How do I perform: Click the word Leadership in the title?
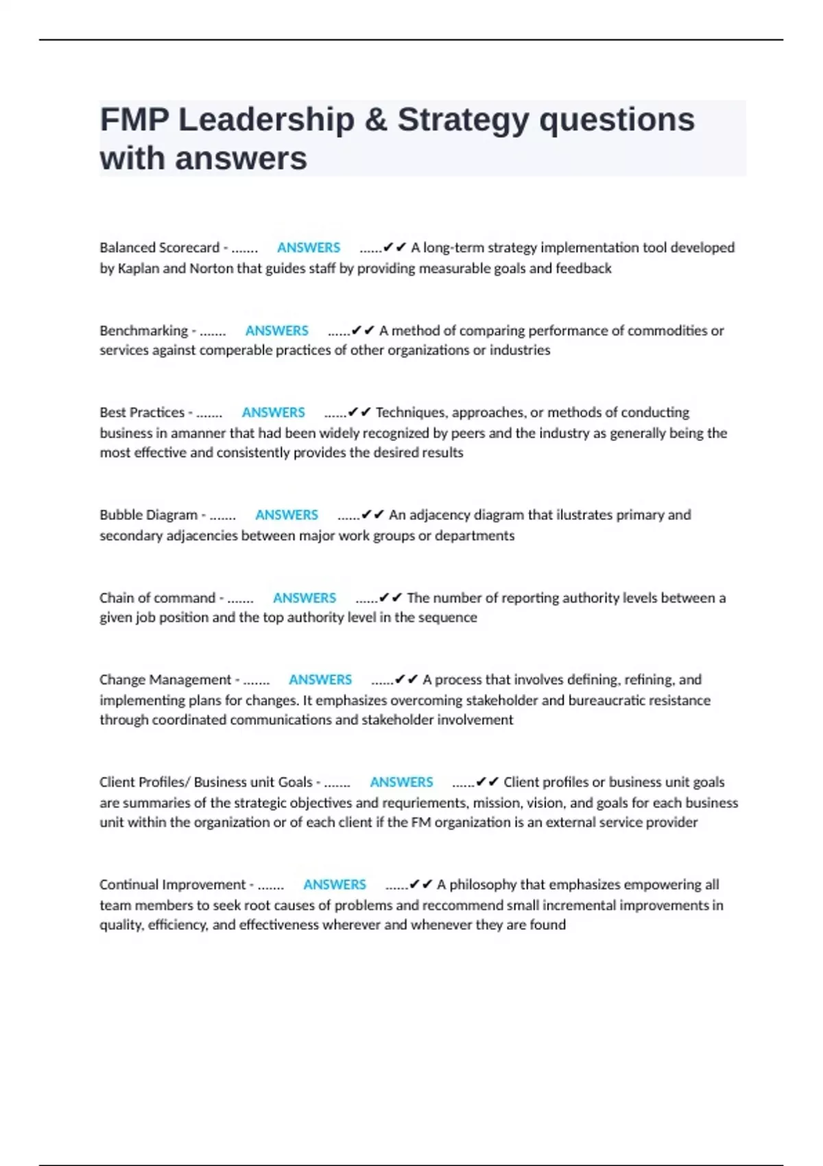pyautogui.click(x=266, y=120)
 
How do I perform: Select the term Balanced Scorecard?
pyautogui.click(x=159, y=248)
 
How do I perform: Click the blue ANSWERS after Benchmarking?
pyautogui.click(x=277, y=331)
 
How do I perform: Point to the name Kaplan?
pyautogui.click(x=138, y=268)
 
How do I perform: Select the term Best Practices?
pyautogui.click(x=142, y=412)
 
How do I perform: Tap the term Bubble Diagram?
pyautogui.click(x=148, y=515)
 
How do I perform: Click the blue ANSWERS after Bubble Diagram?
pyautogui.click(x=287, y=515)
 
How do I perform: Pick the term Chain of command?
pyautogui.click(x=157, y=598)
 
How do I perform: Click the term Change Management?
pyautogui.click(x=165, y=680)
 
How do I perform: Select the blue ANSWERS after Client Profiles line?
pyautogui.click(x=401, y=782)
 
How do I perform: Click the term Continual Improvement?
pyautogui.click(x=172, y=885)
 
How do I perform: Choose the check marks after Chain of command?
pyautogui.click(x=391, y=598)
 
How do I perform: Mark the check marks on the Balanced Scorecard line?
pyautogui.click(x=395, y=248)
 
